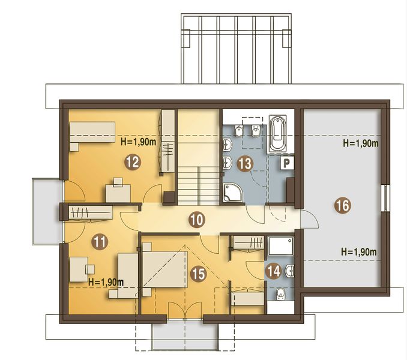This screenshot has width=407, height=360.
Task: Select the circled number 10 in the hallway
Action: tap(195, 220)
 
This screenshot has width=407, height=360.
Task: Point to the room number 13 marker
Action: tap(243, 163)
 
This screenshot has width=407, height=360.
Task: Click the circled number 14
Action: tap(273, 270)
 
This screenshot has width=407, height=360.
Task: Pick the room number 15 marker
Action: tap(198, 274)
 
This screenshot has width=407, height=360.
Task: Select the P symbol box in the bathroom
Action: tap(286, 163)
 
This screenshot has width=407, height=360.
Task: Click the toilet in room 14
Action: tap(280, 295)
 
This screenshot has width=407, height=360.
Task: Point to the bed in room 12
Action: tap(91, 133)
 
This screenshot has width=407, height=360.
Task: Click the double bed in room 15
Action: tap(163, 269)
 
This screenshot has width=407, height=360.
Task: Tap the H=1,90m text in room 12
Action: tap(139, 142)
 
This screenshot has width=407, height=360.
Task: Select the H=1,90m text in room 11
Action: tap(106, 281)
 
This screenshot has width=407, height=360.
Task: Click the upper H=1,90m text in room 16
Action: tap(360, 144)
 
